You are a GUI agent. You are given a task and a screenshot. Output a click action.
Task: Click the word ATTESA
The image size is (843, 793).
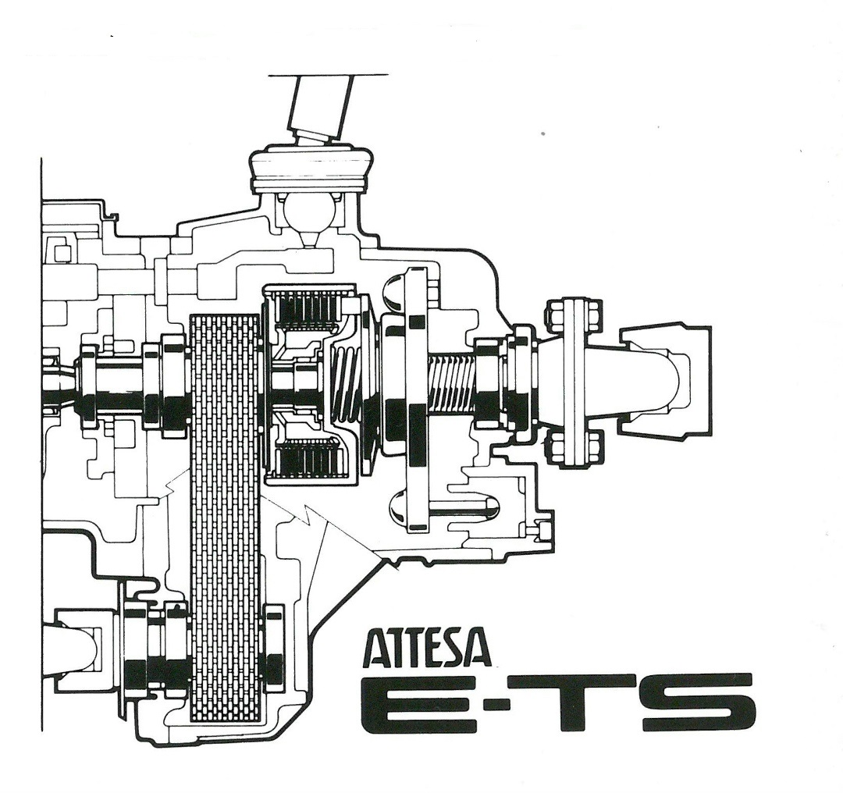tap(429, 649)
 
